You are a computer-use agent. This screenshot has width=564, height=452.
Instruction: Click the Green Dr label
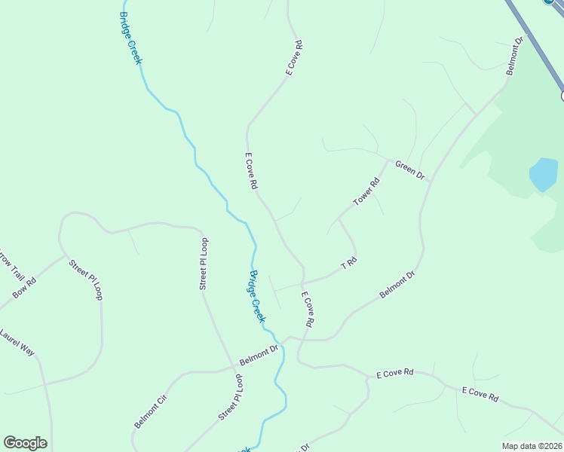(410, 169)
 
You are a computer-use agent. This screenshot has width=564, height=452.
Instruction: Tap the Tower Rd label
(366, 192)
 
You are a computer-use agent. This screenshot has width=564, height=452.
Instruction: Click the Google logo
(25, 443)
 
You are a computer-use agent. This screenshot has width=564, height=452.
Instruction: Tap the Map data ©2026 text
(531, 446)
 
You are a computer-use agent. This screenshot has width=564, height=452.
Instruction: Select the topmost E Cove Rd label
(294, 57)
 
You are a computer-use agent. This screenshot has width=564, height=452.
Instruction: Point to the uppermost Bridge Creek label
(130, 38)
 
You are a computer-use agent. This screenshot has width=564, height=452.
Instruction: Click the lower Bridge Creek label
(257, 296)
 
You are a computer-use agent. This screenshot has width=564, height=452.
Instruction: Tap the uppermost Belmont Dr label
(514, 56)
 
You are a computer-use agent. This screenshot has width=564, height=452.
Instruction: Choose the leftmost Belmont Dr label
(259, 351)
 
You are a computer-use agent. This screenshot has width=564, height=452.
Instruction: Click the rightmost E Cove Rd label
(480, 393)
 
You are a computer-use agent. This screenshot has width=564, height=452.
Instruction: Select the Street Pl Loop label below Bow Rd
(85, 279)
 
